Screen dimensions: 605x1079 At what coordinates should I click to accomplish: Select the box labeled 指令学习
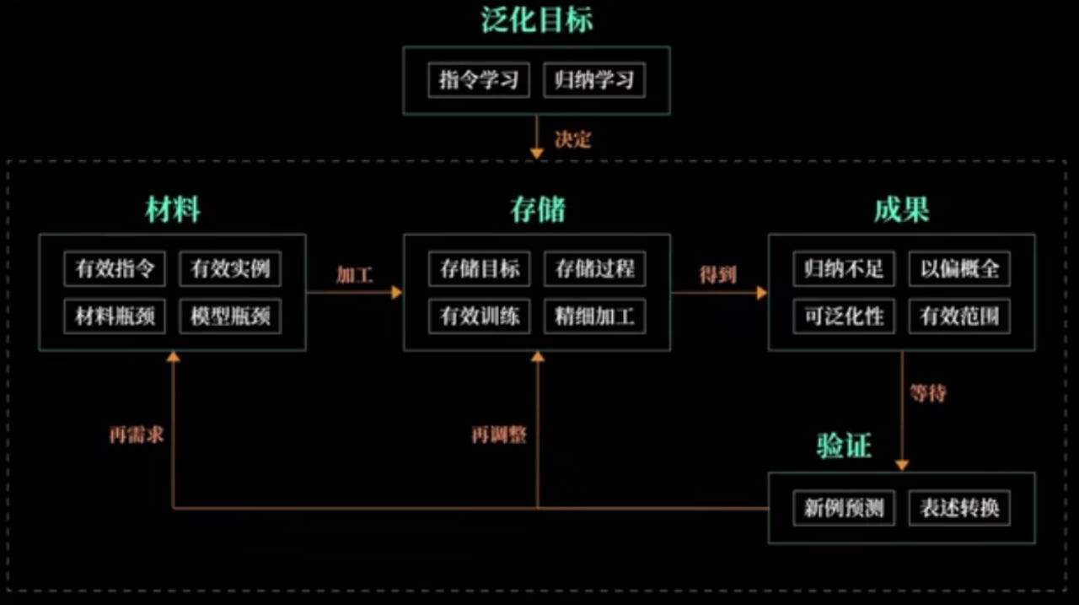[x=478, y=81]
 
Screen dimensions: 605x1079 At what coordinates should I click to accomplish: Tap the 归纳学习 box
[x=594, y=81]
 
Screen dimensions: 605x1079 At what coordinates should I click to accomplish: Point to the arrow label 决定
[x=573, y=139]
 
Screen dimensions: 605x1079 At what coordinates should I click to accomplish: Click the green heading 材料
[x=173, y=210]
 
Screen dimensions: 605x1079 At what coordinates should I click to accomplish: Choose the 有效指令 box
[x=115, y=269]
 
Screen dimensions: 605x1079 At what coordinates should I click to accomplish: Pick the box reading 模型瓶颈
[x=230, y=317]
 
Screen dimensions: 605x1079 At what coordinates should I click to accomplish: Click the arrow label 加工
[x=354, y=275]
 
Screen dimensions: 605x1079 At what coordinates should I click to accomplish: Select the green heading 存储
[x=537, y=210]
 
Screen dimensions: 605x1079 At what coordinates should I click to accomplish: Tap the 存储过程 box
[x=594, y=269]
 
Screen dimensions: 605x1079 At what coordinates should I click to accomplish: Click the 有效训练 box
[x=479, y=317]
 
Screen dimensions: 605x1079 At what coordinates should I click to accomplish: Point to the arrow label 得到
[x=718, y=275]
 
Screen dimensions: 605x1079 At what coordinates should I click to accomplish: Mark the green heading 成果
[x=901, y=210]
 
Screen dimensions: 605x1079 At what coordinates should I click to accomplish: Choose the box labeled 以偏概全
[x=959, y=269]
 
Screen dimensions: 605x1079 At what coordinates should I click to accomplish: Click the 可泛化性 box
[x=844, y=317]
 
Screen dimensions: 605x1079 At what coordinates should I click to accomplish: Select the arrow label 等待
[x=927, y=393]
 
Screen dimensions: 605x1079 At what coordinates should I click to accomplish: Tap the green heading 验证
[x=843, y=446]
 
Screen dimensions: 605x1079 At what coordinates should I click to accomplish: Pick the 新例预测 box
[x=844, y=509]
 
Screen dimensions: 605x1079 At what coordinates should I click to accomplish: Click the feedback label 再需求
[x=136, y=435]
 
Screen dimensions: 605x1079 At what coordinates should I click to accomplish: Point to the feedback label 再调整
[x=499, y=435]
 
